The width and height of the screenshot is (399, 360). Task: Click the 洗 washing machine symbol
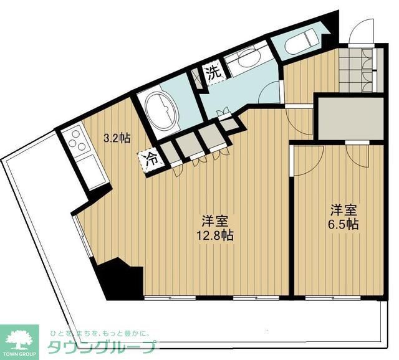(214, 72)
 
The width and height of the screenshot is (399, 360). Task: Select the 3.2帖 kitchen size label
(117, 138)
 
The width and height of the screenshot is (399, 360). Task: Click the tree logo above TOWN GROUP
(18, 337)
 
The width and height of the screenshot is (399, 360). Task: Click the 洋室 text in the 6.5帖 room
(344, 210)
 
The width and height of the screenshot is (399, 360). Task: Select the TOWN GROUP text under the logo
(19, 353)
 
